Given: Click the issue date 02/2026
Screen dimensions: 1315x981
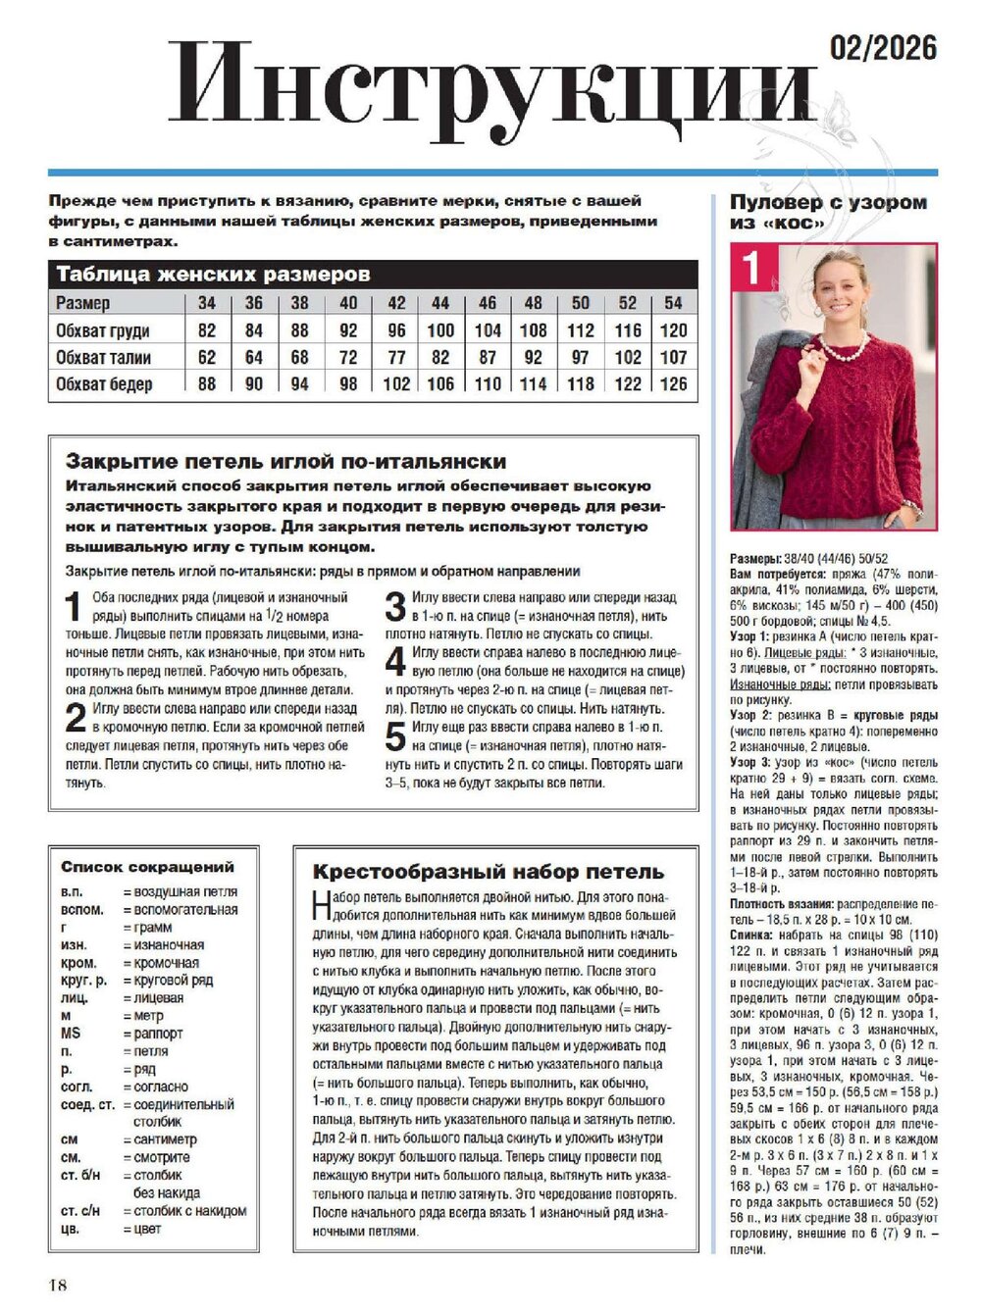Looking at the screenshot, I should [883, 47].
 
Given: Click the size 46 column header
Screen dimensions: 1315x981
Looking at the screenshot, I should [488, 303].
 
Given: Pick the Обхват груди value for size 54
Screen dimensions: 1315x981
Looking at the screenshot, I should [673, 330].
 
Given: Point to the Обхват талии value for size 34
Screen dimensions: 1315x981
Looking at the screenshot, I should [207, 357].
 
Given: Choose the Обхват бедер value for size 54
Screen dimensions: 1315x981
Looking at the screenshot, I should [673, 383].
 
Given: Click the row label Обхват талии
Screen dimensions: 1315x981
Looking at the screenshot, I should [103, 357].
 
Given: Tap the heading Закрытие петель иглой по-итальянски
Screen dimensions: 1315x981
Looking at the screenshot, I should [285, 461].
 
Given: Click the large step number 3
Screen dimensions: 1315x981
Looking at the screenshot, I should [395, 607].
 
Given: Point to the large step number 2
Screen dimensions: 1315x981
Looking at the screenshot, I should [76, 719].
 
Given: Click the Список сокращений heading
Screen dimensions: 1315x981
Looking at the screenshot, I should [147, 867].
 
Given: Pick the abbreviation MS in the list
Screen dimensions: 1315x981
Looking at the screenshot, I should [71, 1033].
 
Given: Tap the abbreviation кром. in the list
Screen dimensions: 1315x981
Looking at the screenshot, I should [78, 962].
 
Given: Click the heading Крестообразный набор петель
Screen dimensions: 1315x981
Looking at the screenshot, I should [488, 872].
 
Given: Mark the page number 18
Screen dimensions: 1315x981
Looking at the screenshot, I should [56, 1285].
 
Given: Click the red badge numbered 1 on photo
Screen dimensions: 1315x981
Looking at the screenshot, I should [753, 267].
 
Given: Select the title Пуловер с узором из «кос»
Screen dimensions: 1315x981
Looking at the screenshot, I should [827, 212].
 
